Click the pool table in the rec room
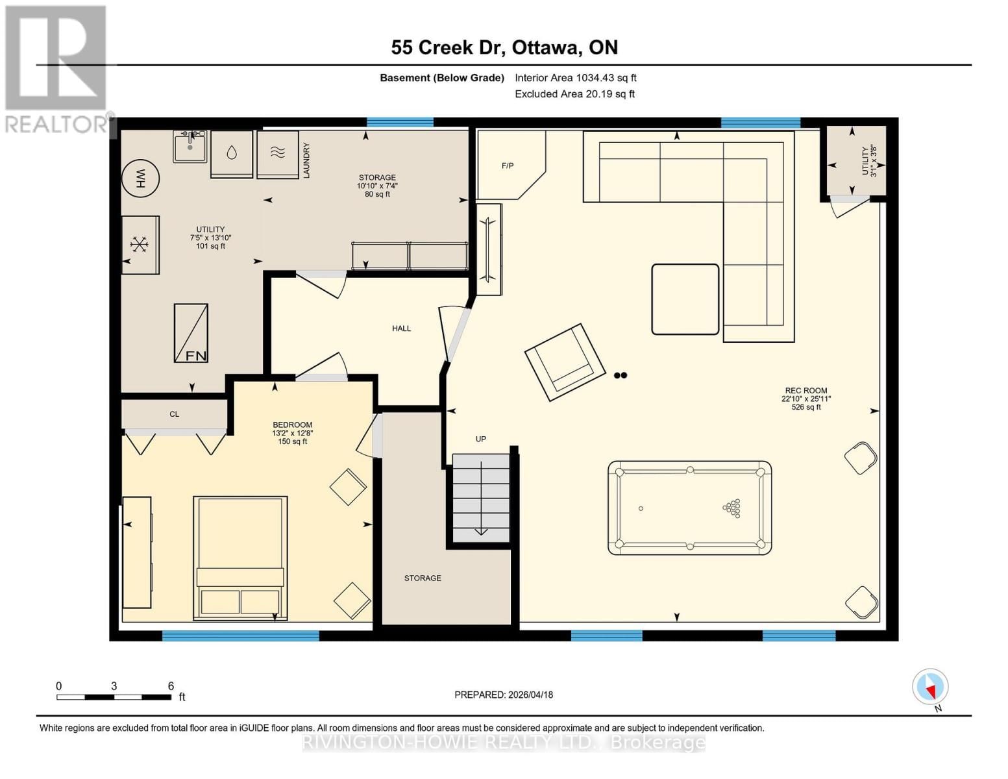(x=689, y=508)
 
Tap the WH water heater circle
(x=141, y=177)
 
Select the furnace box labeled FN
(x=191, y=333)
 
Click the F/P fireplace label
(x=508, y=166)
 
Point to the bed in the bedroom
(x=240, y=557)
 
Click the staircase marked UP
(x=481, y=498)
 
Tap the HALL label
(x=401, y=328)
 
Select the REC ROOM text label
(x=805, y=391)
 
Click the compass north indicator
(x=930, y=687)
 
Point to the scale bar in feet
(x=114, y=697)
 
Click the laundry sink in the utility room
(x=190, y=146)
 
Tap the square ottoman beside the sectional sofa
(x=685, y=299)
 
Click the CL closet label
(x=174, y=414)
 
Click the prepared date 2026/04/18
(x=504, y=695)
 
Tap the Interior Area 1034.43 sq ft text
(x=575, y=78)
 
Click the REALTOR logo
(x=56, y=68)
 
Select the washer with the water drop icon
(x=232, y=154)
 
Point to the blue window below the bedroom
(x=240, y=636)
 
